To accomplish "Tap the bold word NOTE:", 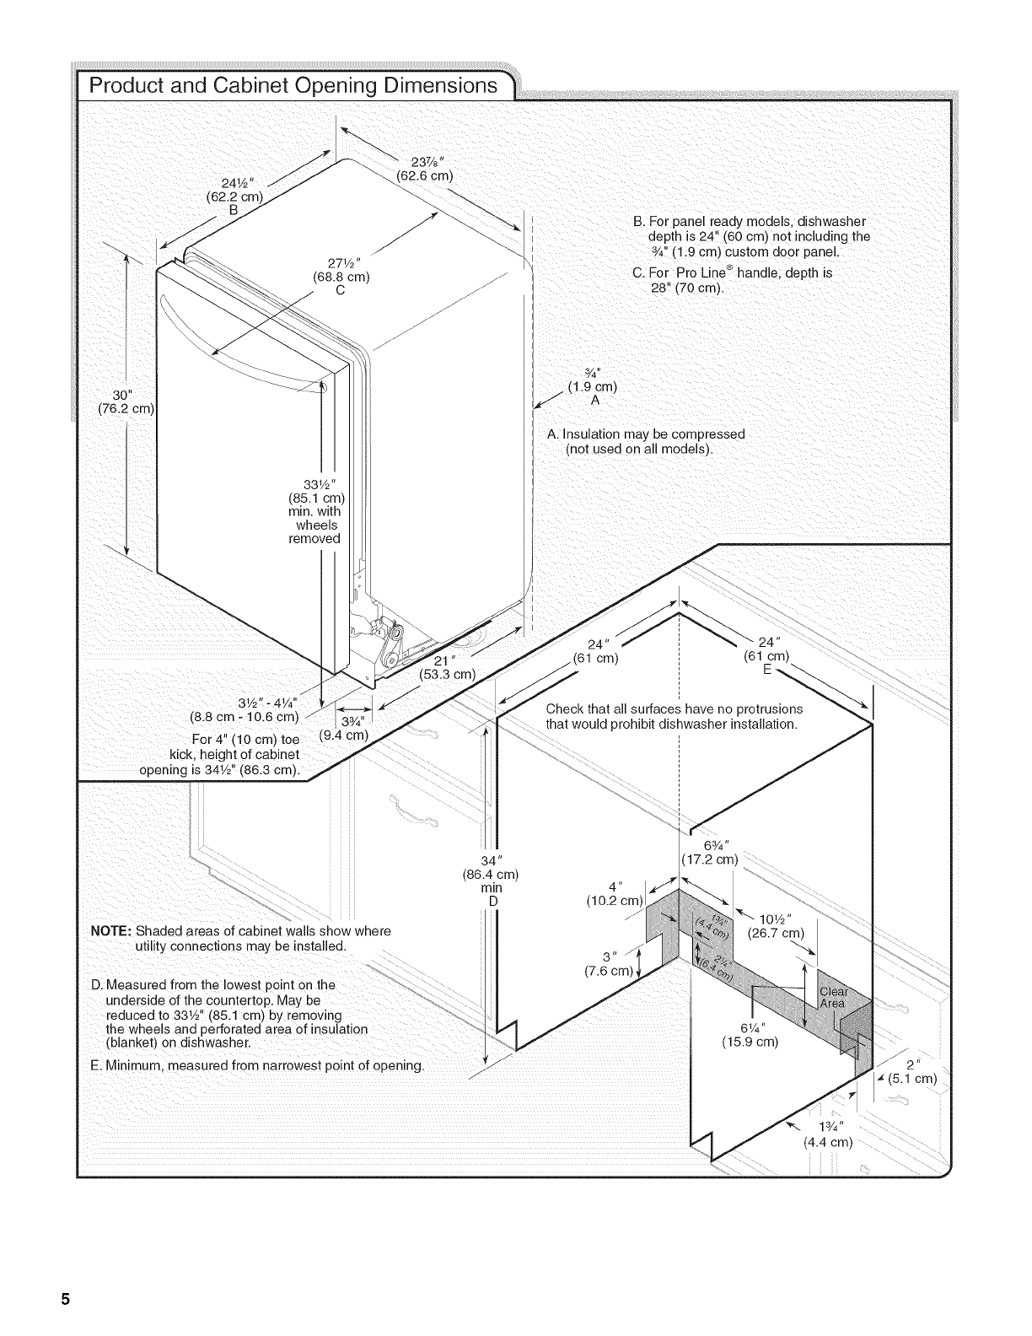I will pyautogui.click(x=111, y=931).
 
